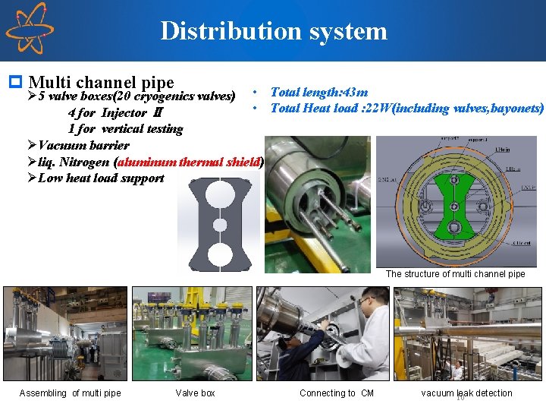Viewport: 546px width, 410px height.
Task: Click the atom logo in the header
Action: (28, 29)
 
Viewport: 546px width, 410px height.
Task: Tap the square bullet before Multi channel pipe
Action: (14, 80)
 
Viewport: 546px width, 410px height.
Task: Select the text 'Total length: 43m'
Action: (318, 92)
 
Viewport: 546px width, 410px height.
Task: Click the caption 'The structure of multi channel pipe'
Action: (455, 274)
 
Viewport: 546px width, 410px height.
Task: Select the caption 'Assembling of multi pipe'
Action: (70, 393)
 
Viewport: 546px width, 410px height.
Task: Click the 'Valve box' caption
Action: (195, 393)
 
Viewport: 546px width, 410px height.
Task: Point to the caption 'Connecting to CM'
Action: (336, 393)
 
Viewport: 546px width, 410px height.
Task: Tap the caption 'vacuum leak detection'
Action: (466, 393)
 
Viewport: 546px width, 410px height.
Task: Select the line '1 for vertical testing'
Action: (125, 129)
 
